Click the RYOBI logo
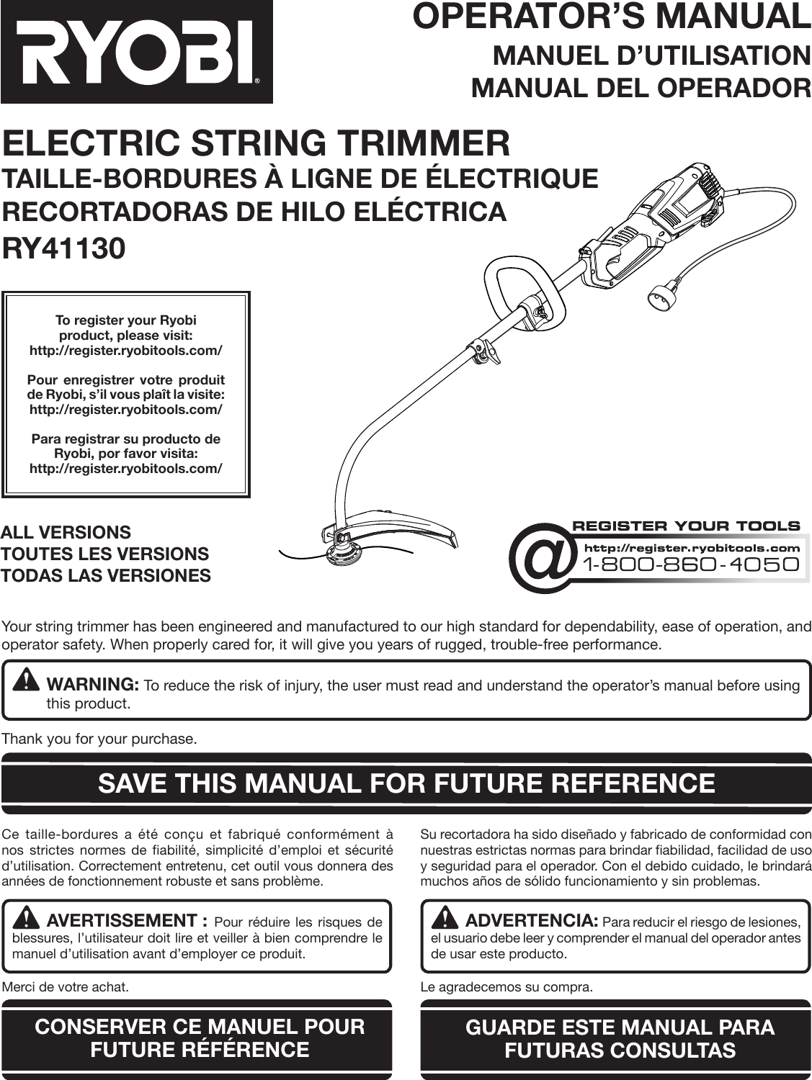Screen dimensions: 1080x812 click(x=137, y=52)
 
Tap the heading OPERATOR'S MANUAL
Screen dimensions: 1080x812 click(x=612, y=17)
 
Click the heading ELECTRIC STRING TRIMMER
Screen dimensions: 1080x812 click(x=256, y=143)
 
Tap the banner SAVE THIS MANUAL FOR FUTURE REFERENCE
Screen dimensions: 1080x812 click(x=406, y=783)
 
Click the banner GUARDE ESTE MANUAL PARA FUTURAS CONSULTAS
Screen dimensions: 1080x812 click(x=620, y=1038)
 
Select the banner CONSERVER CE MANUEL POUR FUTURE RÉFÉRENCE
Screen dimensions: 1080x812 click(x=200, y=1038)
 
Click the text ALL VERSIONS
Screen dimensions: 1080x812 click(x=66, y=533)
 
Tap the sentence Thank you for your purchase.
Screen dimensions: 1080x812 click(x=99, y=739)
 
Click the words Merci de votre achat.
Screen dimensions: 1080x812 click(x=66, y=986)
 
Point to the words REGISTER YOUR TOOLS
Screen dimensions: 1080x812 click(x=685, y=526)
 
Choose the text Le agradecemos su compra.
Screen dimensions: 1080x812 click(x=507, y=986)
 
